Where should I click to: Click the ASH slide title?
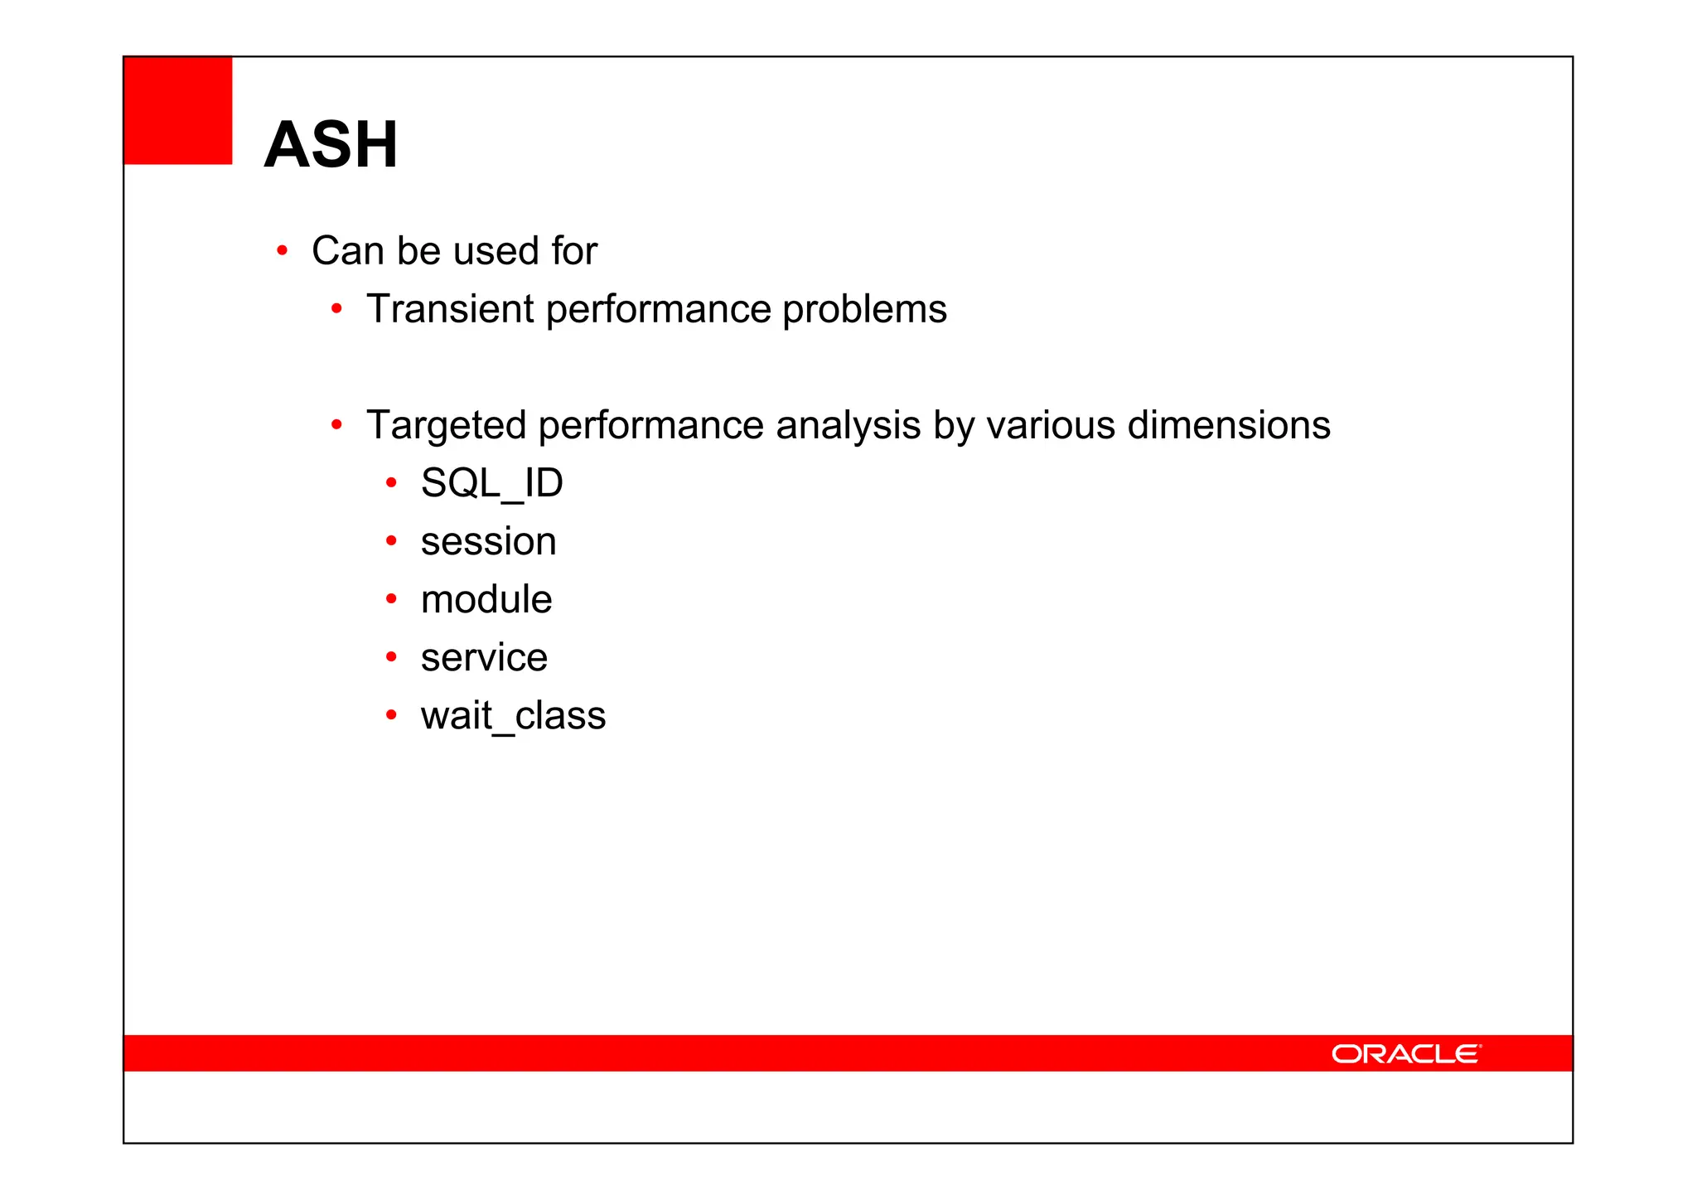point(331,145)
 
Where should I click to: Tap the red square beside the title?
point(178,110)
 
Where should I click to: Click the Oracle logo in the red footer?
point(1405,1053)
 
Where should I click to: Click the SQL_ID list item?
point(491,483)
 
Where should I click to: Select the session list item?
point(488,542)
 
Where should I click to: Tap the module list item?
point(486,599)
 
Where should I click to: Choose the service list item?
point(484,658)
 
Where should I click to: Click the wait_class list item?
point(513,716)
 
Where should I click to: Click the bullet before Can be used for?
point(282,250)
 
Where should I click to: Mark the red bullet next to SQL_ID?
point(391,482)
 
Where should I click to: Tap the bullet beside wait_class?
point(391,714)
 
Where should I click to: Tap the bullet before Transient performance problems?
point(336,309)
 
